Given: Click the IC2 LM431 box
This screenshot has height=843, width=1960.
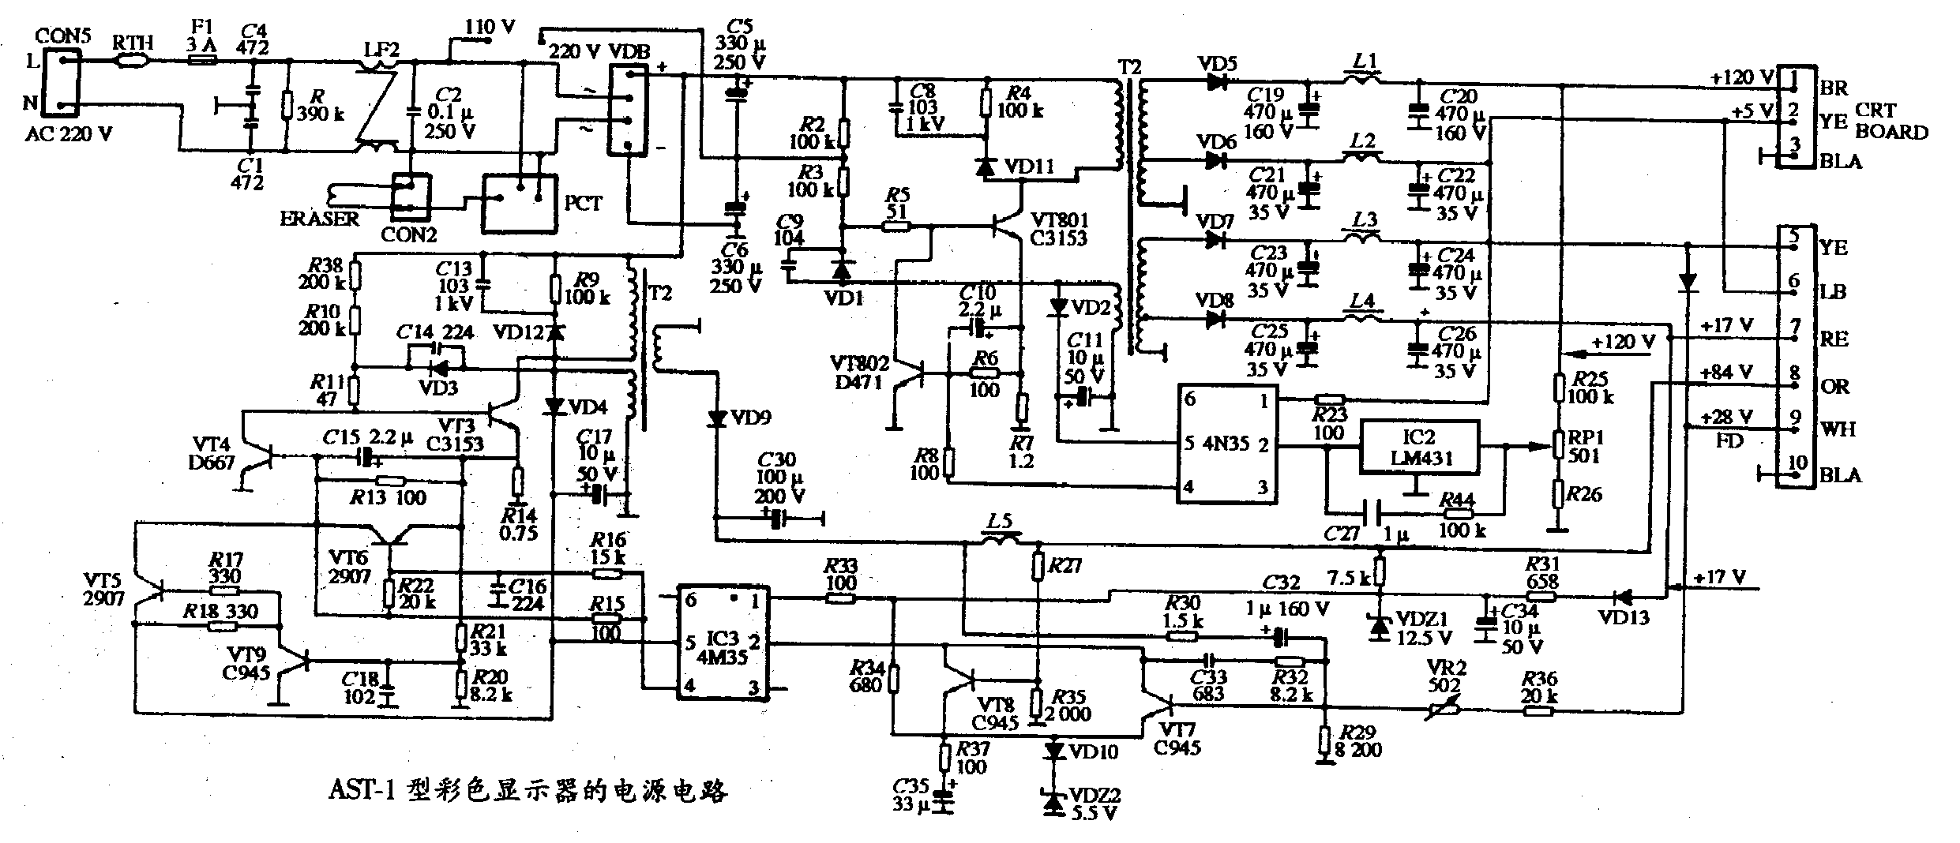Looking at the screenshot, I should (x=1418, y=448).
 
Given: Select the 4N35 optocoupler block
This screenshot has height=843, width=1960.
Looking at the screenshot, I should (x=1226, y=443).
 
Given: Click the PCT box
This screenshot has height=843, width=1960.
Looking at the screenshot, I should (x=520, y=203).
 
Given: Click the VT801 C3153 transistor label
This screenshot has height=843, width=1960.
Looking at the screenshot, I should (x=1058, y=228).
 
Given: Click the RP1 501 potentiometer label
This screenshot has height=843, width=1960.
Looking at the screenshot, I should (x=1583, y=447).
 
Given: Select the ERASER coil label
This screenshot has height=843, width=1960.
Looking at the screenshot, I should (x=319, y=219).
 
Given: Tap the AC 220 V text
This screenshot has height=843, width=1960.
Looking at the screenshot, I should (x=68, y=135).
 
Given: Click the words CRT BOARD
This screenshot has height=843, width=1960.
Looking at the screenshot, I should (x=1891, y=122).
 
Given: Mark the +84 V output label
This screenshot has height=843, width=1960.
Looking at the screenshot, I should (x=1726, y=372).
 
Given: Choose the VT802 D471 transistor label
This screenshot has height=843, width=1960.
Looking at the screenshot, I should (x=859, y=373).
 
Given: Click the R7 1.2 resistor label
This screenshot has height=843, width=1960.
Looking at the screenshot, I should (x=1020, y=451).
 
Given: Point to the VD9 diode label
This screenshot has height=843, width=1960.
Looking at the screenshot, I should (x=752, y=418).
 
